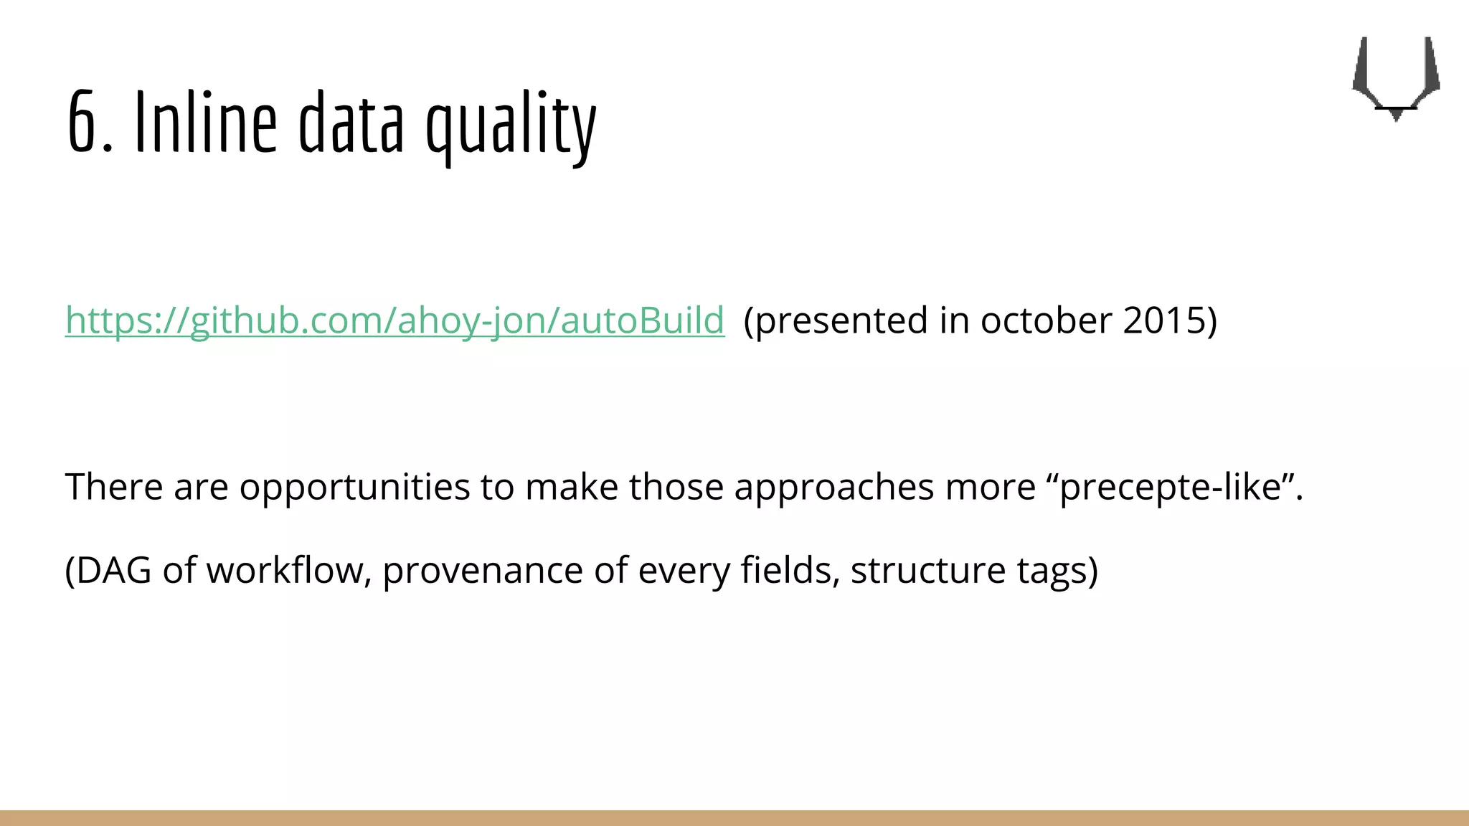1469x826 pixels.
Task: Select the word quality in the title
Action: [x=511, y=126]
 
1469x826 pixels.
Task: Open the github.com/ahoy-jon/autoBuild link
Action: [x=395, y=320]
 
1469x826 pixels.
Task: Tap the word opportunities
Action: [x=354, y=488]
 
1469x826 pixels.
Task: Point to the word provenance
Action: [x=483, y=571]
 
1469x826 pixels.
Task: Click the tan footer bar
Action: [x=734, y=817]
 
